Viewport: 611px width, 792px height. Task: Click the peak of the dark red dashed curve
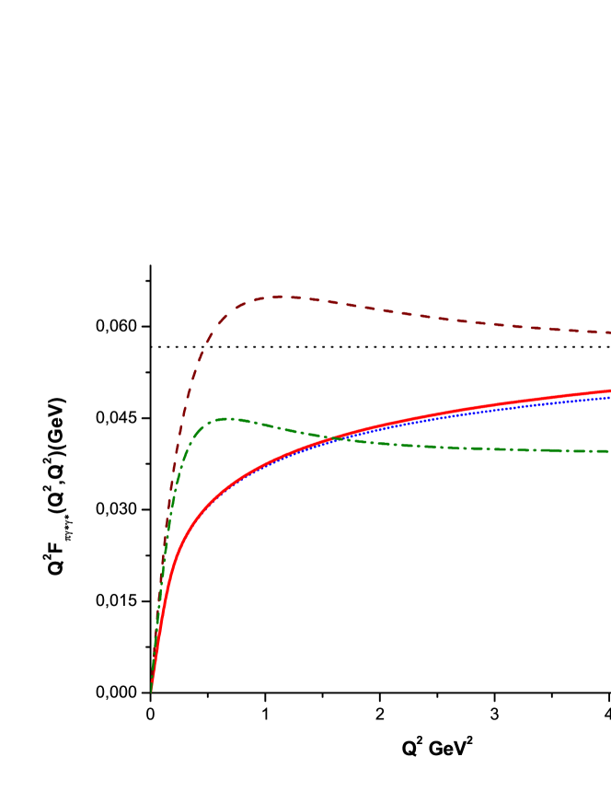[293, 297]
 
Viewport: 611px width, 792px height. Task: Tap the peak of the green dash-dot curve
[229, 418]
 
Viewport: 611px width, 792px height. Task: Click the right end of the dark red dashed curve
[609, 332]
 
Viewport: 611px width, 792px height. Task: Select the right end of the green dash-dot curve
[609, 451]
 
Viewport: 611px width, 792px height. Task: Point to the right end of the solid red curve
[609, 390]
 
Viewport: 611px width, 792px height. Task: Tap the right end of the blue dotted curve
[609, 397]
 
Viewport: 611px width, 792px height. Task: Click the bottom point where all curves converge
[151, 689]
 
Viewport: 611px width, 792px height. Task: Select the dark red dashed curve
[414, 315]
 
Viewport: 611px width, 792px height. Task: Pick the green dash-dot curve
[414, 445]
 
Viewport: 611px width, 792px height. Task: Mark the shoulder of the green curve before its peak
[195, 433]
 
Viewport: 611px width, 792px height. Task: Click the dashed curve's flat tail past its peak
[515, 326]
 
